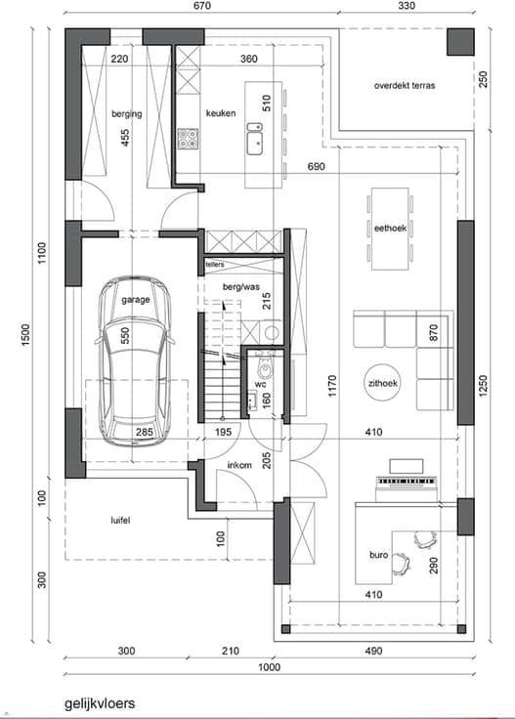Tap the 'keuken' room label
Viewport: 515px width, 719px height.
(221, 112)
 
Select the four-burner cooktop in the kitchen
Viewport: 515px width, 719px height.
(188, 139)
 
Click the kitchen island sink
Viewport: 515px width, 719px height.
(255, 139)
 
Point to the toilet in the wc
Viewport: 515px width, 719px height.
(265, 364)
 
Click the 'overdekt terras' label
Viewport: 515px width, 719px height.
(405, 85)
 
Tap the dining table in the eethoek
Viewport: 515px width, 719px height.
(390, 229)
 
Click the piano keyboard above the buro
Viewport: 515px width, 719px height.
(406, 481)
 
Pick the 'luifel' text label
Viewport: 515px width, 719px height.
(120, 520)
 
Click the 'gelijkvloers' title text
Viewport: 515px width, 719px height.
(100, 703)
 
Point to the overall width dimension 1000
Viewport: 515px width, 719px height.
(269, 666)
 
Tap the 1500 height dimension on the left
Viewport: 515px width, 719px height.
(25, 335)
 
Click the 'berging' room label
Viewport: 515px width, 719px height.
(127, 113)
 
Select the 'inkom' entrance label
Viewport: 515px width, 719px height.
(239, 465)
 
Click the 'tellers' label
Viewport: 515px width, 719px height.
(215, 265)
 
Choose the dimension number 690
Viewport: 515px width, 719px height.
(316, 166)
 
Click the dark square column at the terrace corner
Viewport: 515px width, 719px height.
(460, 42)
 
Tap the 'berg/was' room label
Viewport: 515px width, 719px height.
(241, 287)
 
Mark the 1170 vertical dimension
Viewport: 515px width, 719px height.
(332, 386)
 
